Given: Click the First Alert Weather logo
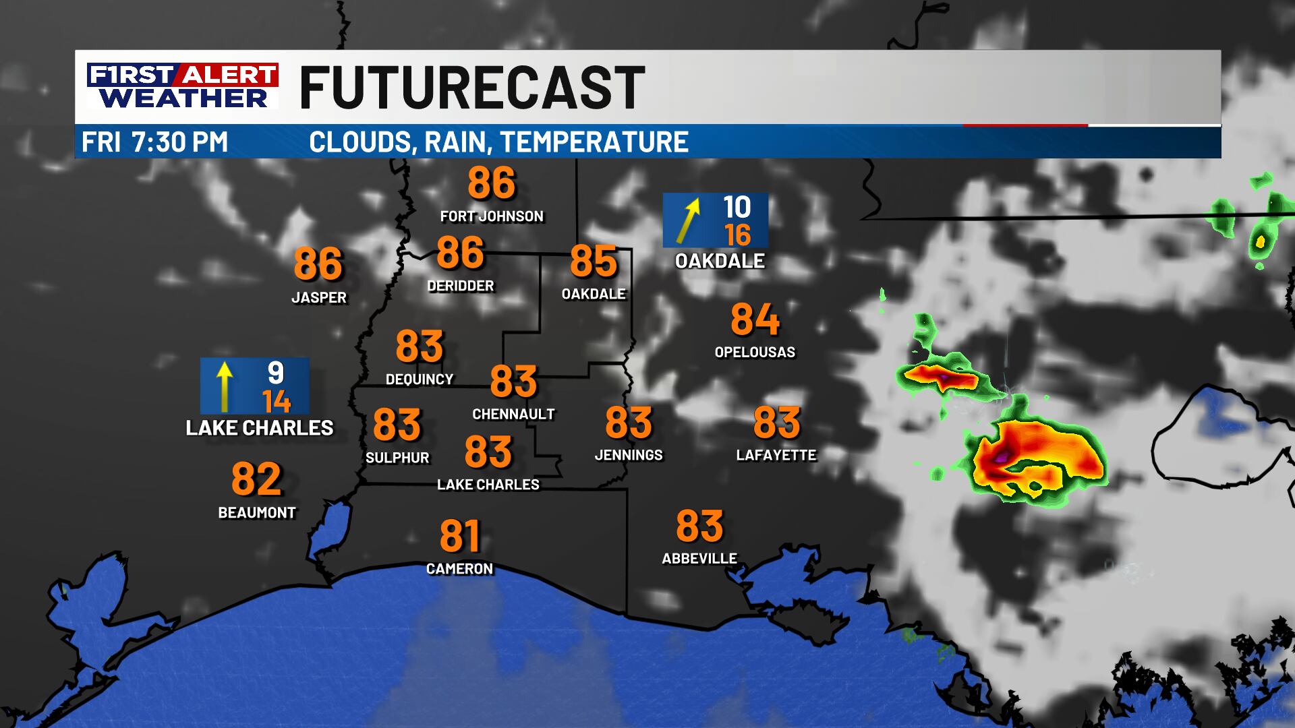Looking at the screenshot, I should (x=182, y=86).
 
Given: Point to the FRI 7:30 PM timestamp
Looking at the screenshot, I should (x=154, y=142).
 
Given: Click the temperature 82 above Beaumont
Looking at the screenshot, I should (x=256, y=479).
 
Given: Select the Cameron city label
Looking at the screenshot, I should (x=459, y=569).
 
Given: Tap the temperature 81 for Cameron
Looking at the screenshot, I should (x=459, y=536).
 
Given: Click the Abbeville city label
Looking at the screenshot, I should (x=699, y=558).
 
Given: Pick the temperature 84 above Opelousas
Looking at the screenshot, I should (x=755, y=320).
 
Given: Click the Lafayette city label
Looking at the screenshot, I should (x=776, y=455).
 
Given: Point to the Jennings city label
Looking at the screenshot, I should (x=629, y=455).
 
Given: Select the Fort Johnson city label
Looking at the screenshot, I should (x=492, y=216).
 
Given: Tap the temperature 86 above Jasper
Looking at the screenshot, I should (x=318, y=264).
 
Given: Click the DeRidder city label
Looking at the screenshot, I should (x=461, y=286).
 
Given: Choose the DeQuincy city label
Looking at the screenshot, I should (x=420, y=380).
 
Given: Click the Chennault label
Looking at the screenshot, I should (x=513, y=414).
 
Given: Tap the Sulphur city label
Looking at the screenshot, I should (x=397, y=458).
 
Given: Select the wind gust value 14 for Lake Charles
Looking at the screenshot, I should (x=277, y=402).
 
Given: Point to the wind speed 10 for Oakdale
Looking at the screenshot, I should (x=737, y=206).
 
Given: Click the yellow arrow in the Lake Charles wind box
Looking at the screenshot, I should (x=225, y=386).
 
